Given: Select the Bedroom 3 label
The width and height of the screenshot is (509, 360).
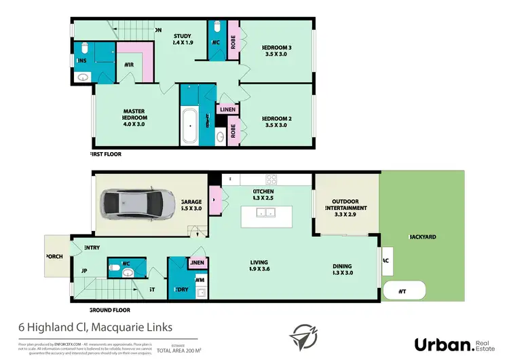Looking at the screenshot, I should point(277,51).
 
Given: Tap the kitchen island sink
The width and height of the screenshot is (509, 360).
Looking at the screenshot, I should point(264,213).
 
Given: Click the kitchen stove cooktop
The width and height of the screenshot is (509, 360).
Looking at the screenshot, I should point(272,180).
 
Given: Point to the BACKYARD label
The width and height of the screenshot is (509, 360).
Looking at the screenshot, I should point(423,237).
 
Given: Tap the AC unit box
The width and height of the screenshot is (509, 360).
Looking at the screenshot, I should point(386,260).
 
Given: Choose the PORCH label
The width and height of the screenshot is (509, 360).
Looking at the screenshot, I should point(54,257).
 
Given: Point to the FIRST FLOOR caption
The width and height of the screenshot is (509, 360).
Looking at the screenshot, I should point(105,154).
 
